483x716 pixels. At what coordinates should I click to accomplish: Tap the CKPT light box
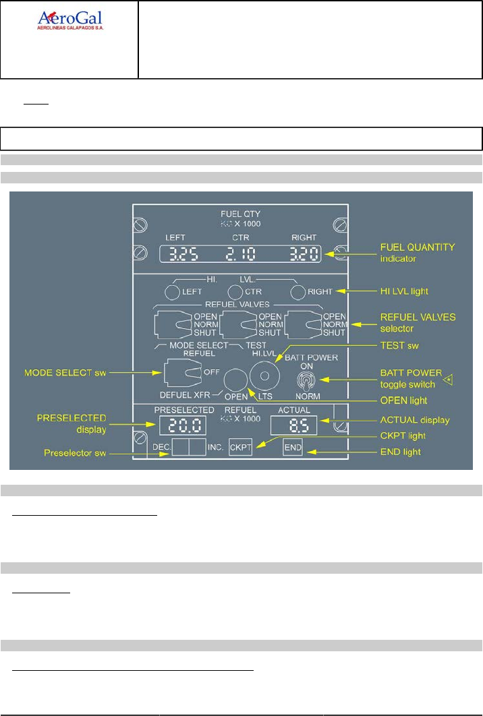(240, 448)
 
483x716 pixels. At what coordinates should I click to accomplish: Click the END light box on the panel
(293, 448)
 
